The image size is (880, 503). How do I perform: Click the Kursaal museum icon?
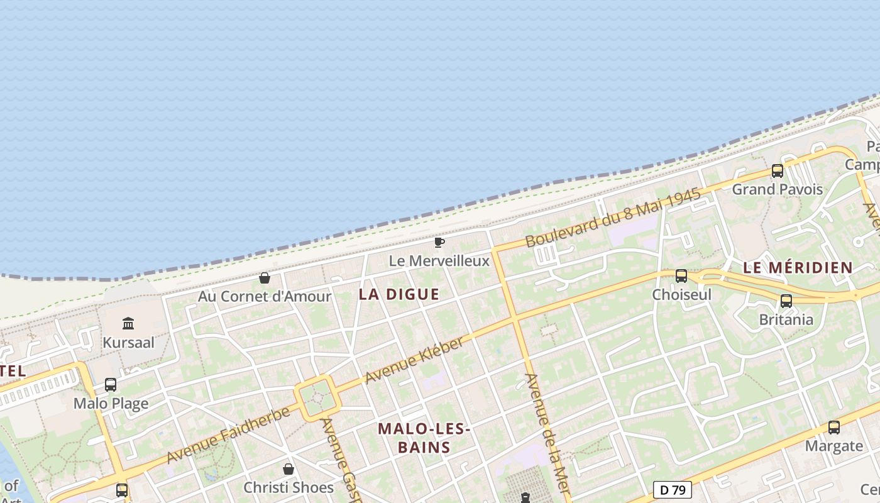coord(129,323)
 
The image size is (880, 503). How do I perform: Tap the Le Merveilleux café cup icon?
coord(439,242)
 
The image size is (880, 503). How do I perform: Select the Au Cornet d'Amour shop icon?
coord(265,278)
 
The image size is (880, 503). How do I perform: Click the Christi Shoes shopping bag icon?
coord(289,469)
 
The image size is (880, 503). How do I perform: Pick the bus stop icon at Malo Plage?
coord(111,384)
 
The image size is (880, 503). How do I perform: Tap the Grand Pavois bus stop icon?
coord(778,170)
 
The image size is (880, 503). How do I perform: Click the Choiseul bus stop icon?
coord(681,275)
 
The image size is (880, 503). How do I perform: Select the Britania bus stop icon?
coord(786,301)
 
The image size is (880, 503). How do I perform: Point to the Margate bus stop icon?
coord(834,428)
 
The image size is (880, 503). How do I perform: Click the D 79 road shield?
coord(673,489)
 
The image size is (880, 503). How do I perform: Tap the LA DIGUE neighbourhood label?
coord(399,294)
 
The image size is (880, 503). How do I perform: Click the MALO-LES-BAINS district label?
coord(424,438)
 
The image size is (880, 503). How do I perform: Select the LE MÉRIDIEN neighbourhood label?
coord(798,267)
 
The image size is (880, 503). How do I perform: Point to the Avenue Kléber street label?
coord(415,360)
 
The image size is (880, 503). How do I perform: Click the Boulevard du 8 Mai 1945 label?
coord(613,218)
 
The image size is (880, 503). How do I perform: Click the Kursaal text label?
coord(128,343)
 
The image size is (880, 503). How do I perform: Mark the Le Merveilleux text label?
coord(439,260)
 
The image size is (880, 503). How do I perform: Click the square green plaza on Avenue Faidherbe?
coord(318,398)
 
